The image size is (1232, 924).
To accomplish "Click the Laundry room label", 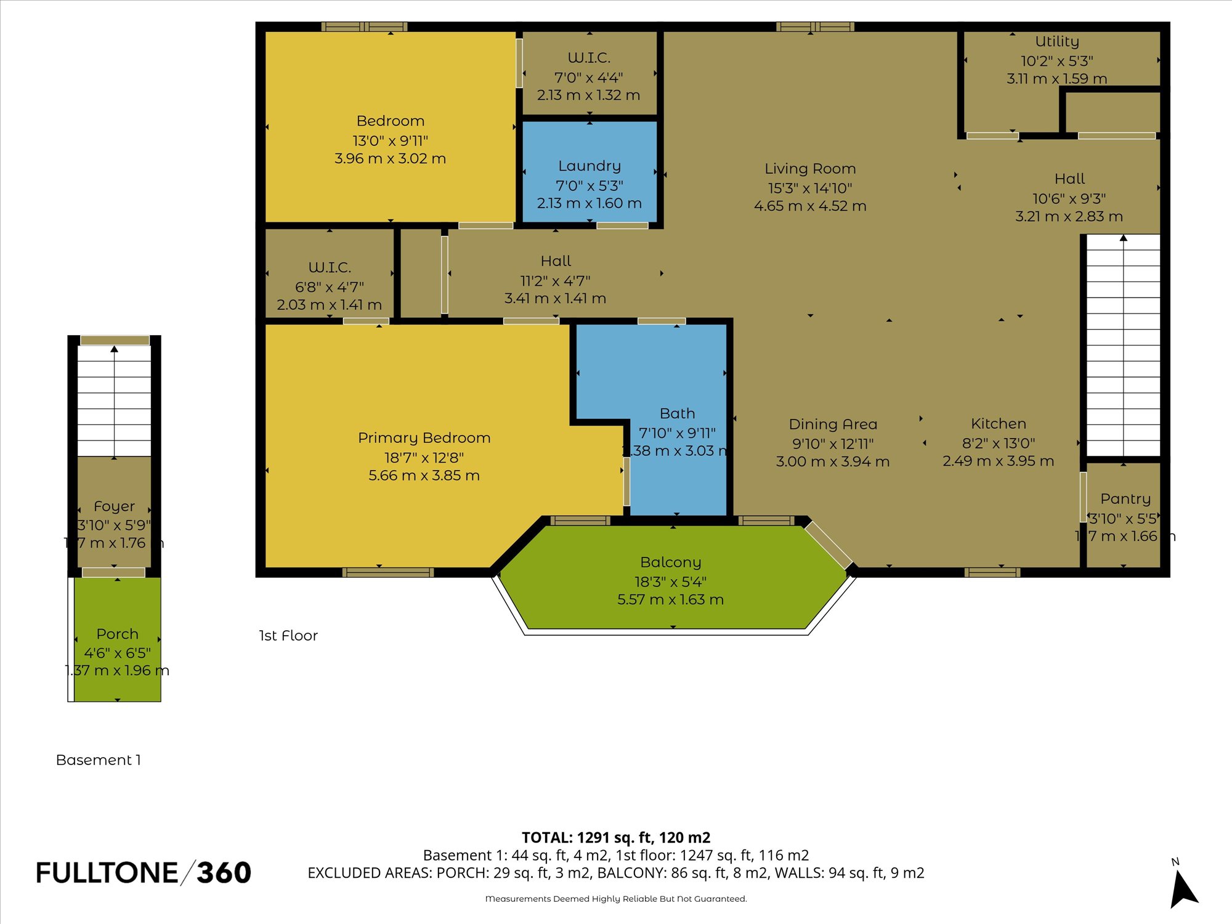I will (590, 166).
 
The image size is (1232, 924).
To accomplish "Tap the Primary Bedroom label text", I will (424, 438).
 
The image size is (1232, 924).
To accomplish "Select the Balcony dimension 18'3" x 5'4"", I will (670, 582).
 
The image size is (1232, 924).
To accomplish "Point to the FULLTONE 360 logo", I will (144, 873).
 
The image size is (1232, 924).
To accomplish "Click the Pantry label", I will (1125, 499).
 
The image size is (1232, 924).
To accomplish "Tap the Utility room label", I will (1057, 42).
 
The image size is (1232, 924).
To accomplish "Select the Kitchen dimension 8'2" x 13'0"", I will (998, 443).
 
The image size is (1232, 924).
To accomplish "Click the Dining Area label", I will (833, 424).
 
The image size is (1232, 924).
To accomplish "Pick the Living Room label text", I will (810, 169).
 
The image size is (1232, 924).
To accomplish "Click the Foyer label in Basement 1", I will (114, 506).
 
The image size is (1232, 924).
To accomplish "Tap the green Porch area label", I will (117, 634).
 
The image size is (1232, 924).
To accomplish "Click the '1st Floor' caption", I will (288, 636).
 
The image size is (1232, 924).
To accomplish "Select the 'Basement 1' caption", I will (99, 760).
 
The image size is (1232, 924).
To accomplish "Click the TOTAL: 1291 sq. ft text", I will (615, 838).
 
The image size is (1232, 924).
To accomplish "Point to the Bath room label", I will (677, 414).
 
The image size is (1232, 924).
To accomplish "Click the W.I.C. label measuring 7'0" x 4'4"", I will (589, 58).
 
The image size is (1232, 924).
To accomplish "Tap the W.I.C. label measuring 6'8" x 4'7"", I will (330, 268).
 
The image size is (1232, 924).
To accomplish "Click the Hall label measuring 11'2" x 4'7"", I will (556, 261).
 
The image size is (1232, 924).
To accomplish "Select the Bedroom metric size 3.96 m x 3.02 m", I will (390, 158).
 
